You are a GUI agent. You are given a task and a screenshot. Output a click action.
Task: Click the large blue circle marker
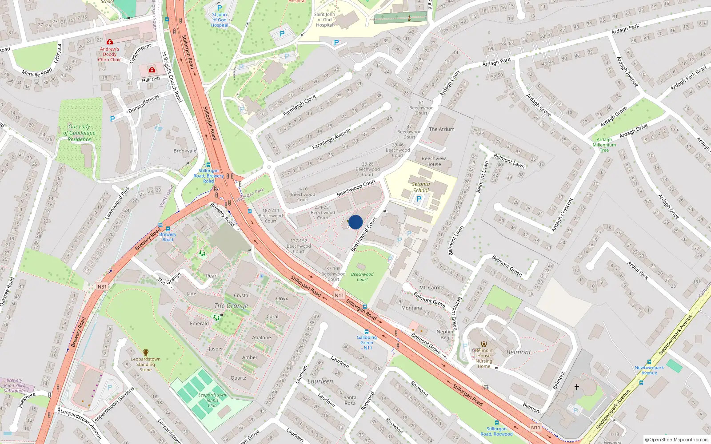[x=355, y=222]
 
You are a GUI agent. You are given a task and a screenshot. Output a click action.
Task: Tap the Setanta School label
[x=420, y=187]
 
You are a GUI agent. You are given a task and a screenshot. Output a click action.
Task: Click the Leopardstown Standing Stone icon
[x=145, y=353]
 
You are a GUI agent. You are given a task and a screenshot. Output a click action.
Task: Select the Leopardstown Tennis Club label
[x=212, y=400]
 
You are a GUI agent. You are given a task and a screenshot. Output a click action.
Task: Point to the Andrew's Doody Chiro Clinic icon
[x=109, y=42]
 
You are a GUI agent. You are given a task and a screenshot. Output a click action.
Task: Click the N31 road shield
[x=102, y=287]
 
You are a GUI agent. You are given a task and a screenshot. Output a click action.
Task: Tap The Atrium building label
[x=441, y=129]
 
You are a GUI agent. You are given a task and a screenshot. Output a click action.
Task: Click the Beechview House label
[x=433, y=161]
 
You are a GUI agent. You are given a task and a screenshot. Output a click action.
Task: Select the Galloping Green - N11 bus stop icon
[x=367, y=332]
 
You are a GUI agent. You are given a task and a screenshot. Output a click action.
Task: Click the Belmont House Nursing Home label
[x=484, y=358]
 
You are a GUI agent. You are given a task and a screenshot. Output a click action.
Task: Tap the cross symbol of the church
[x=576, y=387]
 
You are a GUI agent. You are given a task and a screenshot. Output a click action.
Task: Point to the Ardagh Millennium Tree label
[x=604, y=145]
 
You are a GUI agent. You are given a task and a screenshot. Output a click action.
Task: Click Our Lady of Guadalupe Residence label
[x=79, y=133]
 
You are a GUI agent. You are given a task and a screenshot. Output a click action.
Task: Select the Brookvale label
[x=185, y=151]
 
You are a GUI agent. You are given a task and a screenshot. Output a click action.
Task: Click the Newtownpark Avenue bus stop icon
[x=649, y=362]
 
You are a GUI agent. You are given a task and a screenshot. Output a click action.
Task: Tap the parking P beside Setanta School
[x=418, y=199]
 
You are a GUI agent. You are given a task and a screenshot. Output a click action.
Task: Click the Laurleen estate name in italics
[x=320, y=381]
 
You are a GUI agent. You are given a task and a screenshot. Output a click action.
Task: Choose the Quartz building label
[x=238, y=378]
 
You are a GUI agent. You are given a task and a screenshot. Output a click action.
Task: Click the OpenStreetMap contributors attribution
[x=677, y=440]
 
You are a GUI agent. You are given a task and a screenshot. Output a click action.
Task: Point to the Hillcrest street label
[x=151, y=79]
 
